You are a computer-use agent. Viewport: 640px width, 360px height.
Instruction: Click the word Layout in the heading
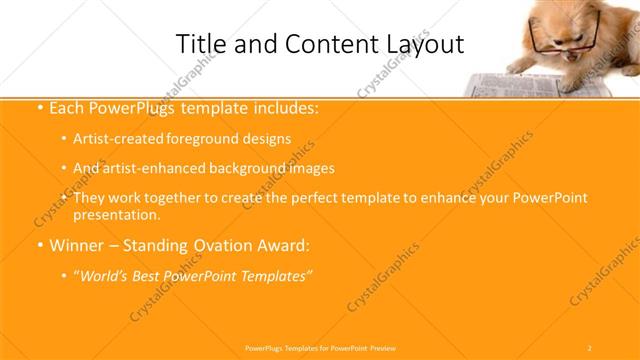click(424, 44)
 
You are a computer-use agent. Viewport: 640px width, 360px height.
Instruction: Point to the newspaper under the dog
click(500, 80)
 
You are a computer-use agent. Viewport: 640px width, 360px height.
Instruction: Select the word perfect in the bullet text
click(339, 198)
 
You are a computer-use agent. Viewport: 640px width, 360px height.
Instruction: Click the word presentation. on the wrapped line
click(117, 214)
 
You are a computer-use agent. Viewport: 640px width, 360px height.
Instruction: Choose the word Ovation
click(222, 245)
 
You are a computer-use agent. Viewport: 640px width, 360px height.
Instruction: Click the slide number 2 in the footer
click(590, 347)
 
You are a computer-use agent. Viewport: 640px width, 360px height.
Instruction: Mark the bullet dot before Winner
click(37, 245)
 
